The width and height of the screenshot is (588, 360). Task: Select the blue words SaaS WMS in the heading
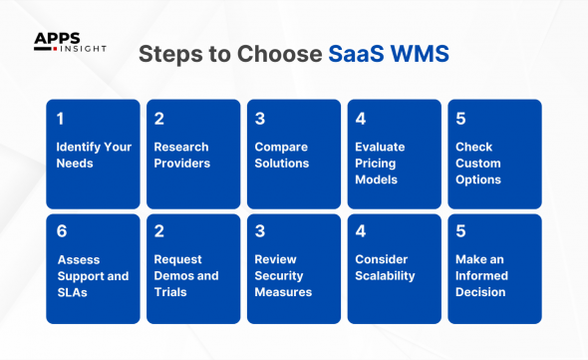389,54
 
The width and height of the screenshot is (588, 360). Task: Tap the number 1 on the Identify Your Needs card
60,119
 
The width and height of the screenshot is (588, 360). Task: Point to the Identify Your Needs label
93,155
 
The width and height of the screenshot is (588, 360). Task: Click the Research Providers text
182,155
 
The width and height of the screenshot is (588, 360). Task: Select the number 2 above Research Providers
159,119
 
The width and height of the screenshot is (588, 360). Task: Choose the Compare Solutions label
282,155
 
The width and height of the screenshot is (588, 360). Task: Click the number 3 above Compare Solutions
259,119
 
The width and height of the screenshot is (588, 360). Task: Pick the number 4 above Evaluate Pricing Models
361,119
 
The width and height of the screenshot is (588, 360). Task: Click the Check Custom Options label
478,163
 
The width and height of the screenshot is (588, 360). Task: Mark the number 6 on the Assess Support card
62,231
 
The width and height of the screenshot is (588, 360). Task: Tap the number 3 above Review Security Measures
259,231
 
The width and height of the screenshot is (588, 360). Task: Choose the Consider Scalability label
385,267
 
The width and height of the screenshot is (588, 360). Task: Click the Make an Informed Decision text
482,275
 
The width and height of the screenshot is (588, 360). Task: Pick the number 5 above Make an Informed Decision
460,231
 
